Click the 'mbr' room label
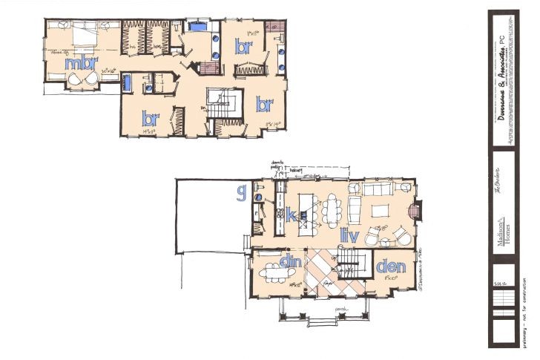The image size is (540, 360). [x=77, y=64]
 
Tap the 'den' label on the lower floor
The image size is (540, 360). [x=389, y=266]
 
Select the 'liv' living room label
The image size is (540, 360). [x=349, y=236]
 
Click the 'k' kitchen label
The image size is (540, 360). [x=292, y=217]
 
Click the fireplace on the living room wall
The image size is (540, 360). [x=416, y=212]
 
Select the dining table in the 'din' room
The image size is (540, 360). [x=276, y=273]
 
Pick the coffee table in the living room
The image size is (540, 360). [x=379, y=212]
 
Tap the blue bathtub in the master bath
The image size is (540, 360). [x=198, y=27]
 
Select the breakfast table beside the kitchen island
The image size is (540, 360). [x=331, y=209]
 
